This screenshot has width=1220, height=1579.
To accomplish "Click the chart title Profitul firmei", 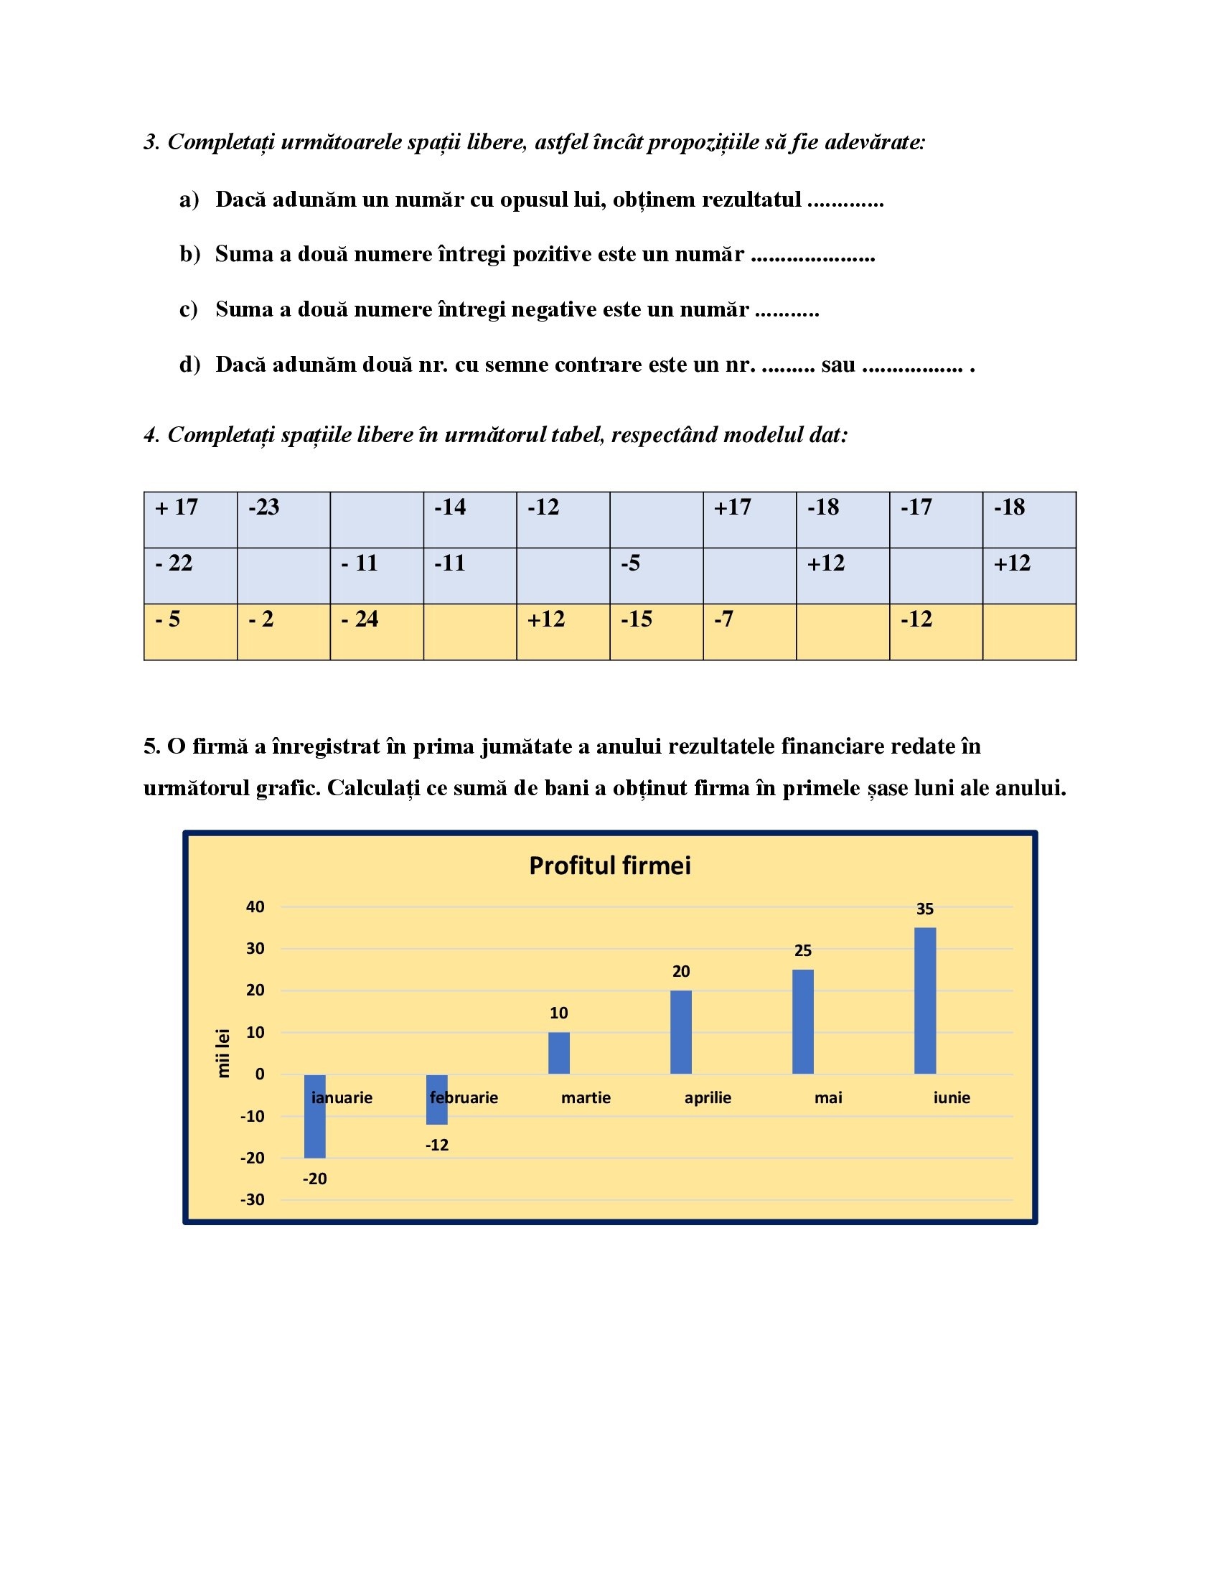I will pyautogui.click(x=609, y=866).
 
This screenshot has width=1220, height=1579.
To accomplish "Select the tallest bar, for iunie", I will pyautogui.click(x=925, y=1001).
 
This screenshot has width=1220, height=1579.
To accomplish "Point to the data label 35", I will pyautogui.click(x=925, y=909).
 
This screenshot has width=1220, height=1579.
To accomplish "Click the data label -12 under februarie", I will pyautogui.click(x=436, y=1145).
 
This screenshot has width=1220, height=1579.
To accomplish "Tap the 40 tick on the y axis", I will pyautogui.click(x=255, y=906).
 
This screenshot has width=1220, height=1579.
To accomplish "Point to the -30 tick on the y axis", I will pyautogui.click(x=252, y=1199).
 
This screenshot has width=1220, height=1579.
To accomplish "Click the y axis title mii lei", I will pyautogui.click(x=223, y=1054).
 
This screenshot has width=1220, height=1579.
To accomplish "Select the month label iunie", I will pyautogui.click(x=951, y=1097).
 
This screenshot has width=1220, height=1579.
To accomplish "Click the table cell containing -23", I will pyautogui.click(x=283, y=519).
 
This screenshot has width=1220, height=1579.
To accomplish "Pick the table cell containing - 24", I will pyautogui.click(x=377, y=631).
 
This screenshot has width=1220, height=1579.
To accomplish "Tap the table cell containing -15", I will pyautogui.click(x=655, y=631).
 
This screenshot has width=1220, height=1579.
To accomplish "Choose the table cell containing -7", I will pyautogui.click(x=749, y=631).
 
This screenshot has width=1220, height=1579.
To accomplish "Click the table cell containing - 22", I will pyautogui.click(x=190, y=576).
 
